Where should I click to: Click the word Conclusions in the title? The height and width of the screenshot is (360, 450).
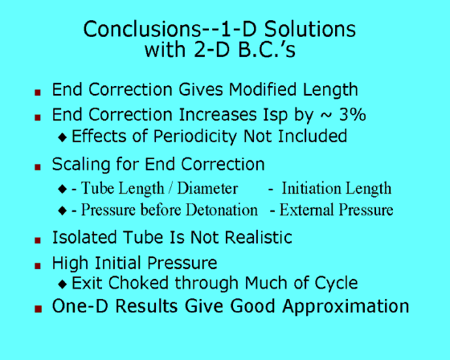coord(141,29)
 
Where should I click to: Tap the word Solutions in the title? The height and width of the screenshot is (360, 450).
coord(309,29)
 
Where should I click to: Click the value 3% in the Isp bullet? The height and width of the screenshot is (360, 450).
coord(353,115)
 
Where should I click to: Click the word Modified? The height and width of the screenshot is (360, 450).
coord(263,89)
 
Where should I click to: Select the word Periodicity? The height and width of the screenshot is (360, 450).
coord(194,136)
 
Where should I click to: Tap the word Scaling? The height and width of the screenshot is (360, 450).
coord(81,165)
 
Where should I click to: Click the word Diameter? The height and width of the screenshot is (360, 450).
coord(207,188)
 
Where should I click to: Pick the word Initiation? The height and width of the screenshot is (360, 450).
coord(311,188)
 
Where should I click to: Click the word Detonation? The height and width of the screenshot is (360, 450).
coord(222,210)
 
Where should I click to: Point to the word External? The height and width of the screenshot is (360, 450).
coord(306,210)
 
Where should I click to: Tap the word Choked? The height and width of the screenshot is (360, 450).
coord(138,283)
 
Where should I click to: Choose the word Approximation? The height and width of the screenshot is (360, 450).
coord(346,307)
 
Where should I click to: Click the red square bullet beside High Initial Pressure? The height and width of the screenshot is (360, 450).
coord(38,266)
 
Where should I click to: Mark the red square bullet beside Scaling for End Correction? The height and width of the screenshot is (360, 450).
coord(38,167)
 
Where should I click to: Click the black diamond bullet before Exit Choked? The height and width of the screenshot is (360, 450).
coord(63,284)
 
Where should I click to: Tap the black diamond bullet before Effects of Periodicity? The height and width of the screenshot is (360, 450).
coord(63,137)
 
